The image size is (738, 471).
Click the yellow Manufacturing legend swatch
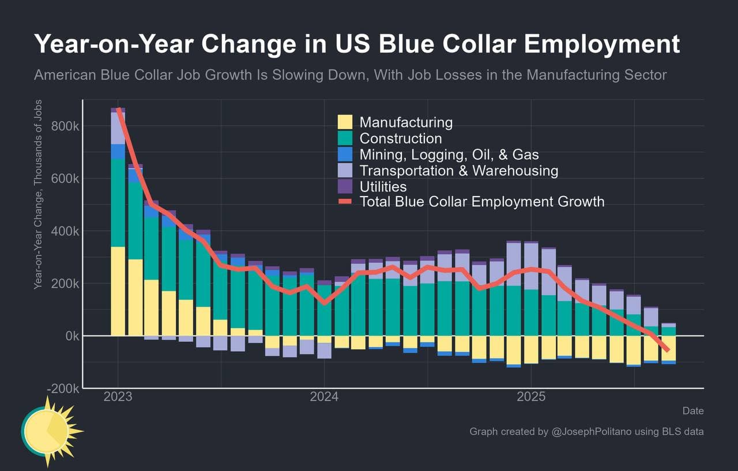point(345,122)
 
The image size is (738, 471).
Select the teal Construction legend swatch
point(345,138)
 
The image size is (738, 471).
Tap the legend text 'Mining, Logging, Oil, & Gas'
point(449,155)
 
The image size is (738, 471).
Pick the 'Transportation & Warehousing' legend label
point(458,171)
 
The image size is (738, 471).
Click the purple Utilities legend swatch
point(345,186)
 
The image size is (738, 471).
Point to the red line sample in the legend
point(345,202)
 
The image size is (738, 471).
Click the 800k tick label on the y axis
point(65,126)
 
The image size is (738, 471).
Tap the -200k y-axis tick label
point(63,389)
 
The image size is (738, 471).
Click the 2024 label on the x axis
point(324,397)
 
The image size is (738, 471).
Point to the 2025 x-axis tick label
point(530,397)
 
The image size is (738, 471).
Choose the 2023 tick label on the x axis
point(118,397)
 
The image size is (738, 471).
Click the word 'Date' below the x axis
point(693,411)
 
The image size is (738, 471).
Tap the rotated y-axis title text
point(37,194)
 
